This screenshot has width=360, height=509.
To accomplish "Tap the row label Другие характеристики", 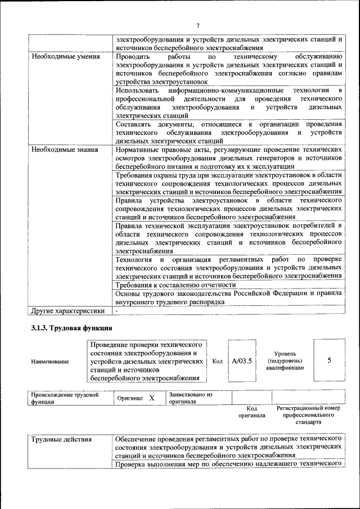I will click(68, 310).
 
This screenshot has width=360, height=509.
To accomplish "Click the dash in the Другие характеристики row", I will click(117, 310).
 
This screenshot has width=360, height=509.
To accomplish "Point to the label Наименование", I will click(51, 362).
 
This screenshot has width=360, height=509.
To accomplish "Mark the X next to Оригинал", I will click(152, 398).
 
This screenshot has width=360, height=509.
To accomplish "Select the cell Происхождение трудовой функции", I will click(65, 398).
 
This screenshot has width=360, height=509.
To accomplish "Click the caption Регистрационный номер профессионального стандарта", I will click(309, 415).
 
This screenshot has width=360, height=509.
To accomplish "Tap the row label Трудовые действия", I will click(61, 438).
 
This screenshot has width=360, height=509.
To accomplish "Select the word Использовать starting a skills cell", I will click(133, 91).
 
